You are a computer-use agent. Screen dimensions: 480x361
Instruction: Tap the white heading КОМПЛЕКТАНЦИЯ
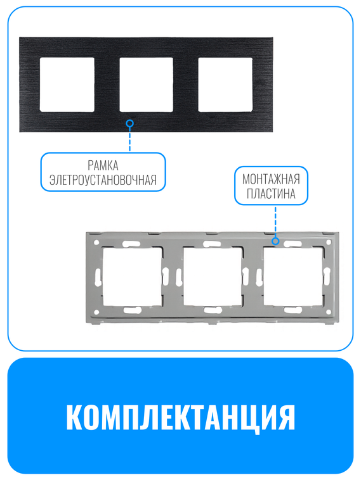point(180,417)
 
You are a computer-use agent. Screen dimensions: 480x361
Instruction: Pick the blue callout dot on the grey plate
point(275,241)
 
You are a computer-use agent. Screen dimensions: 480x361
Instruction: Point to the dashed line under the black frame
point(130,139)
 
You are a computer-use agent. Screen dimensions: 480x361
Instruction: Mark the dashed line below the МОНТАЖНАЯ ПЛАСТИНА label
point(275,222)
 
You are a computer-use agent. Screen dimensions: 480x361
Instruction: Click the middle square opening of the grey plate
point(212,276)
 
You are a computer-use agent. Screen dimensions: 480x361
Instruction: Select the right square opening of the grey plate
point(292,276)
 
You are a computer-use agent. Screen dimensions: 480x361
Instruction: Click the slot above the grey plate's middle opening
point(212,243)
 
